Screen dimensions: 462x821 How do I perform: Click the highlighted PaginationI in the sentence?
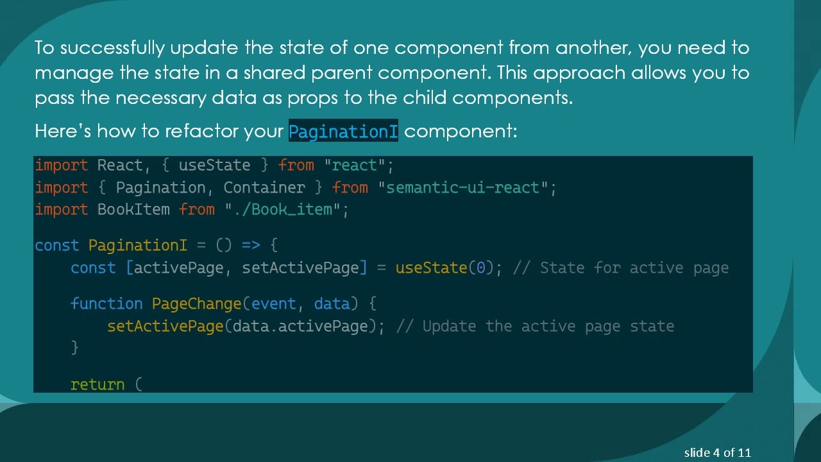[343, 132]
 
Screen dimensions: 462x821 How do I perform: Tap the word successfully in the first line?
[112, 48]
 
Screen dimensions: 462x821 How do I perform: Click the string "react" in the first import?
[354, 166]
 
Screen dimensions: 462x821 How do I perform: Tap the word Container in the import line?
[264, 188]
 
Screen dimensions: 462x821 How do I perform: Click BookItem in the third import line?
[133, 210]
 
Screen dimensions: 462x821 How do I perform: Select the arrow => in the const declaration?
[250, 246]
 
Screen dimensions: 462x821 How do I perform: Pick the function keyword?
[106, 304]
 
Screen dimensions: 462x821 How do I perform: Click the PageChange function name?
[196, 304]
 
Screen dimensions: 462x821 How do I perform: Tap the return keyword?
[97, 385]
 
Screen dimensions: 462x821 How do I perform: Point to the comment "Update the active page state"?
[548, 327]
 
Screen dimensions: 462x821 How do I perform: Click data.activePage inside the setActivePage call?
[300, 327]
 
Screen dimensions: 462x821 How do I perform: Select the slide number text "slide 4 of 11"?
[717, 453]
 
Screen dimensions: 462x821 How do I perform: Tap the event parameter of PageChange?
[273, 304]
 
